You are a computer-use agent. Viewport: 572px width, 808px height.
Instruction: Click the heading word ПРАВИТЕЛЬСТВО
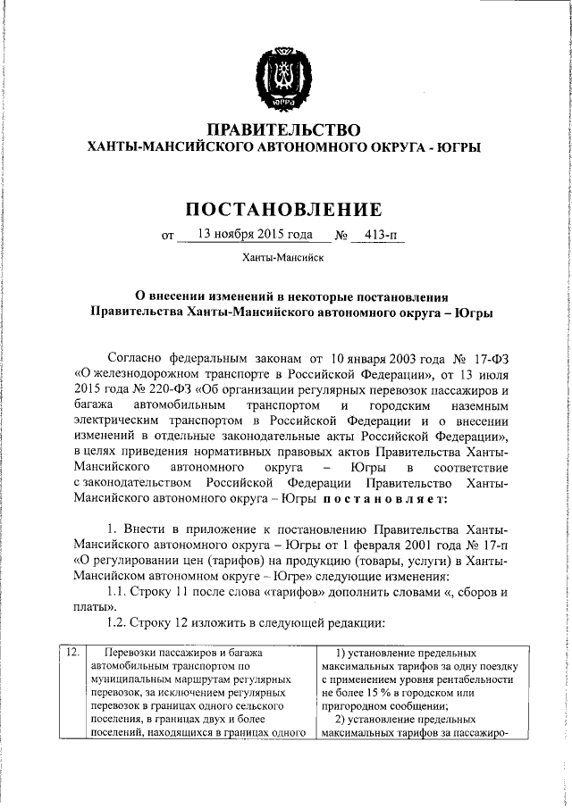pos(283,130)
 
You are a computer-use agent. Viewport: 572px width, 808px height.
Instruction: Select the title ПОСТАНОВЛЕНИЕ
pos(284,210)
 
